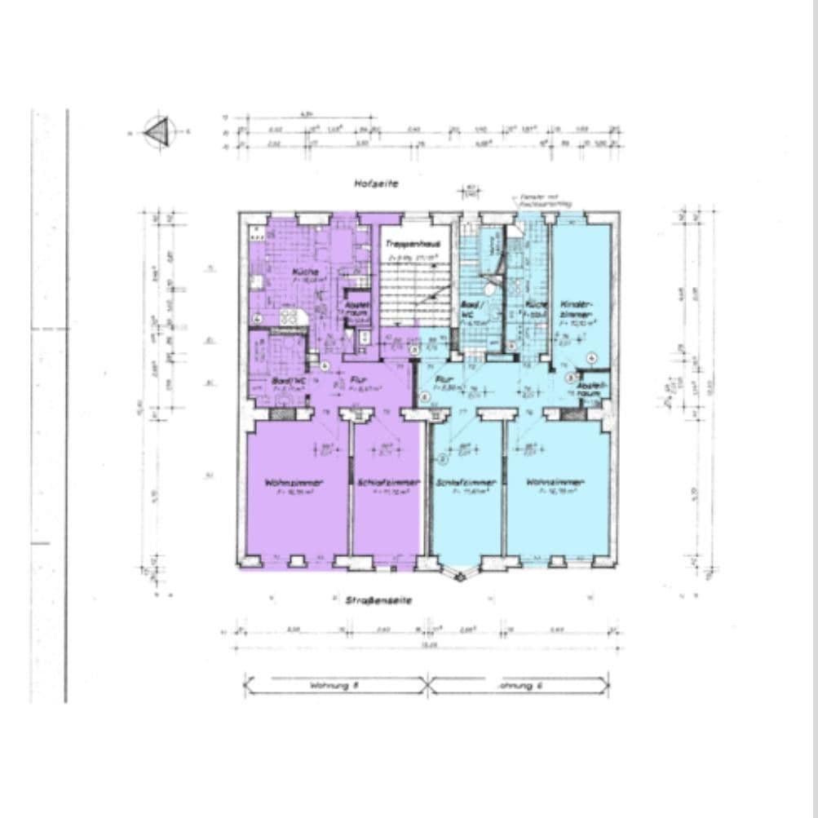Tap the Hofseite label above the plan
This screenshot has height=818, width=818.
pyautogui.click(x=376, y=185)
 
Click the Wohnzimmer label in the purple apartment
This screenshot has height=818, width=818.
pyautogui.click(x=294, y=483)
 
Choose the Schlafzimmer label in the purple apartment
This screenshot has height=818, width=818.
pyautogui.click(x=388, y=483)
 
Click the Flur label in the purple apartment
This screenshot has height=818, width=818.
pyautogui.click(x=358, y=379)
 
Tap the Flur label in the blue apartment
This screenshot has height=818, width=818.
pyautogui.click(x=444, y=380)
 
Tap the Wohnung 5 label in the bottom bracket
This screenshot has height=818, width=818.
pyautogui.click(x=334, y=686)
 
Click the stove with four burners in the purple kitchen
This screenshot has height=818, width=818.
pyautogui.click(x=290, y=316)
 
